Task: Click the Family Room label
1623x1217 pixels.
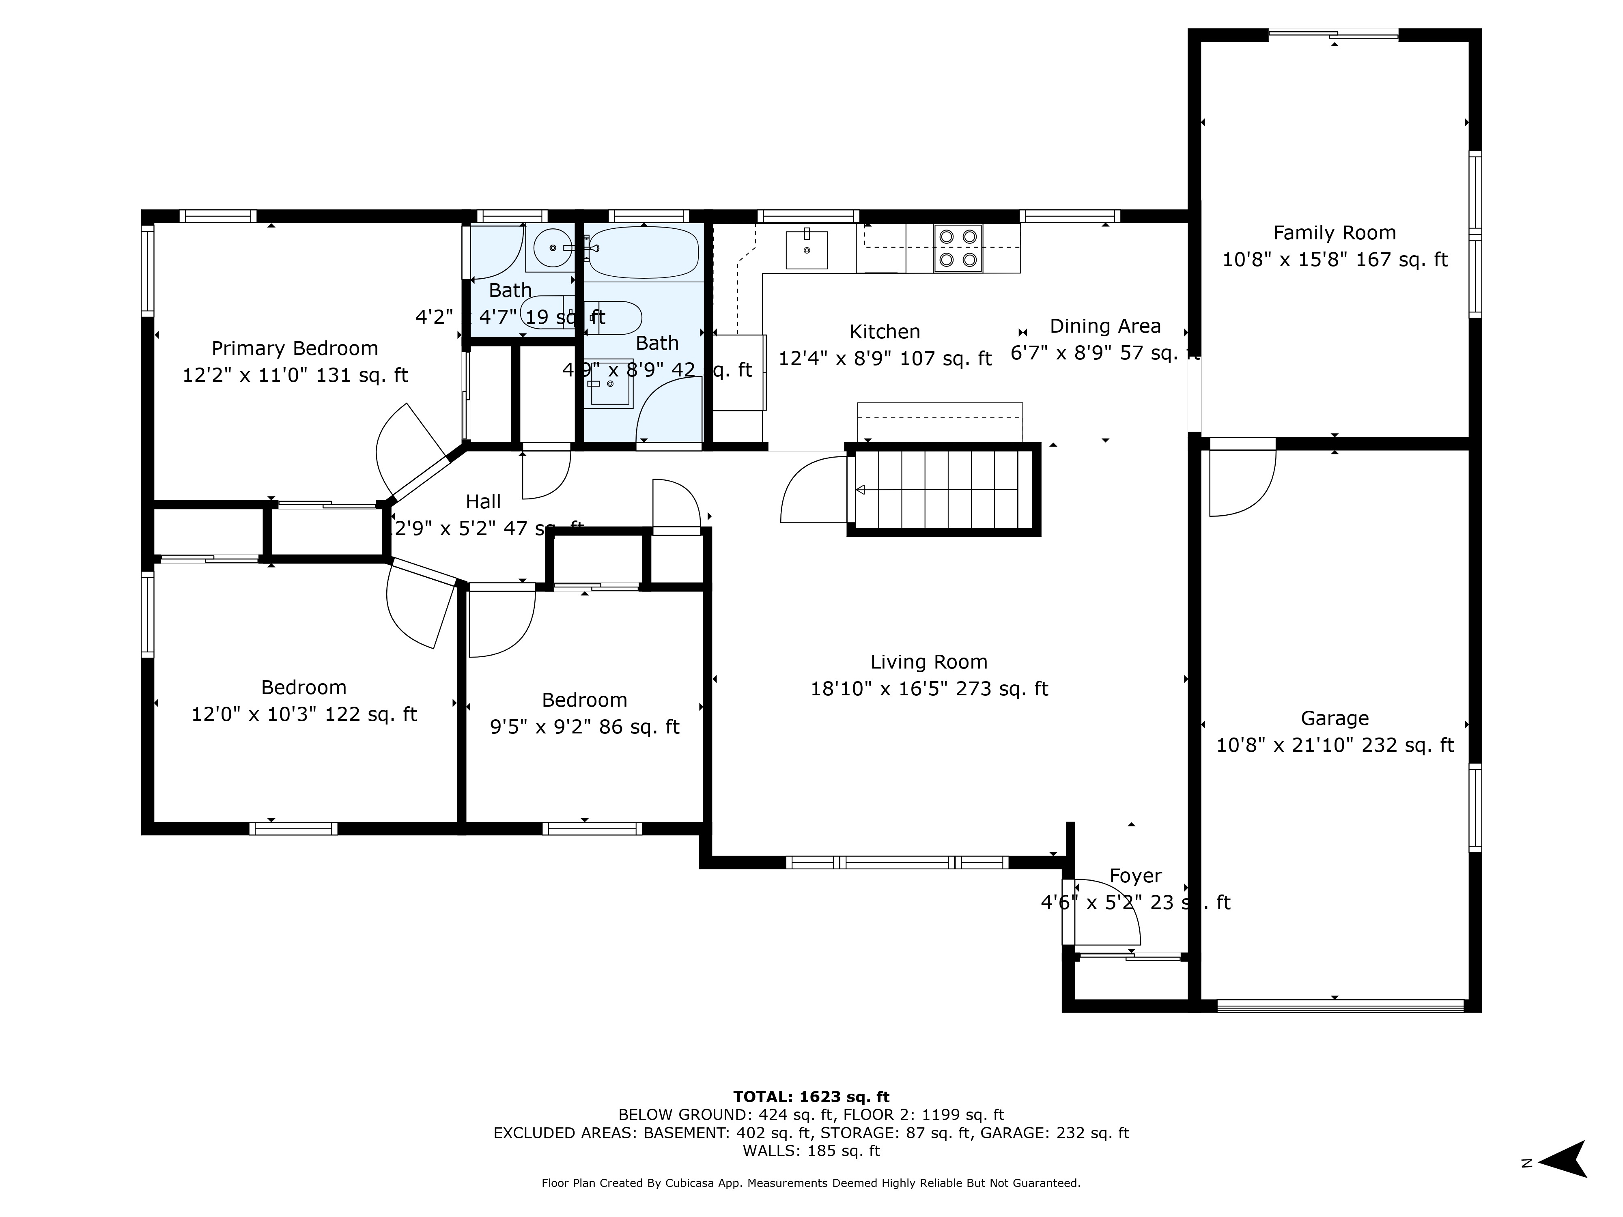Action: pos(1334,233)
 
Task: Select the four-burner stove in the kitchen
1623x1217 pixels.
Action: pos(958,248)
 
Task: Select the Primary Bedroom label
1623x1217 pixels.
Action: pos(294,348)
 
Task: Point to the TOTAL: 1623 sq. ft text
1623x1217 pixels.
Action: pos(811,1097)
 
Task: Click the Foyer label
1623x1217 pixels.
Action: pos(1135,876)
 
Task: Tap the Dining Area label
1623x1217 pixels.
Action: pos(1105,327)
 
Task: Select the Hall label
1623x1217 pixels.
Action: pos(483,502)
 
